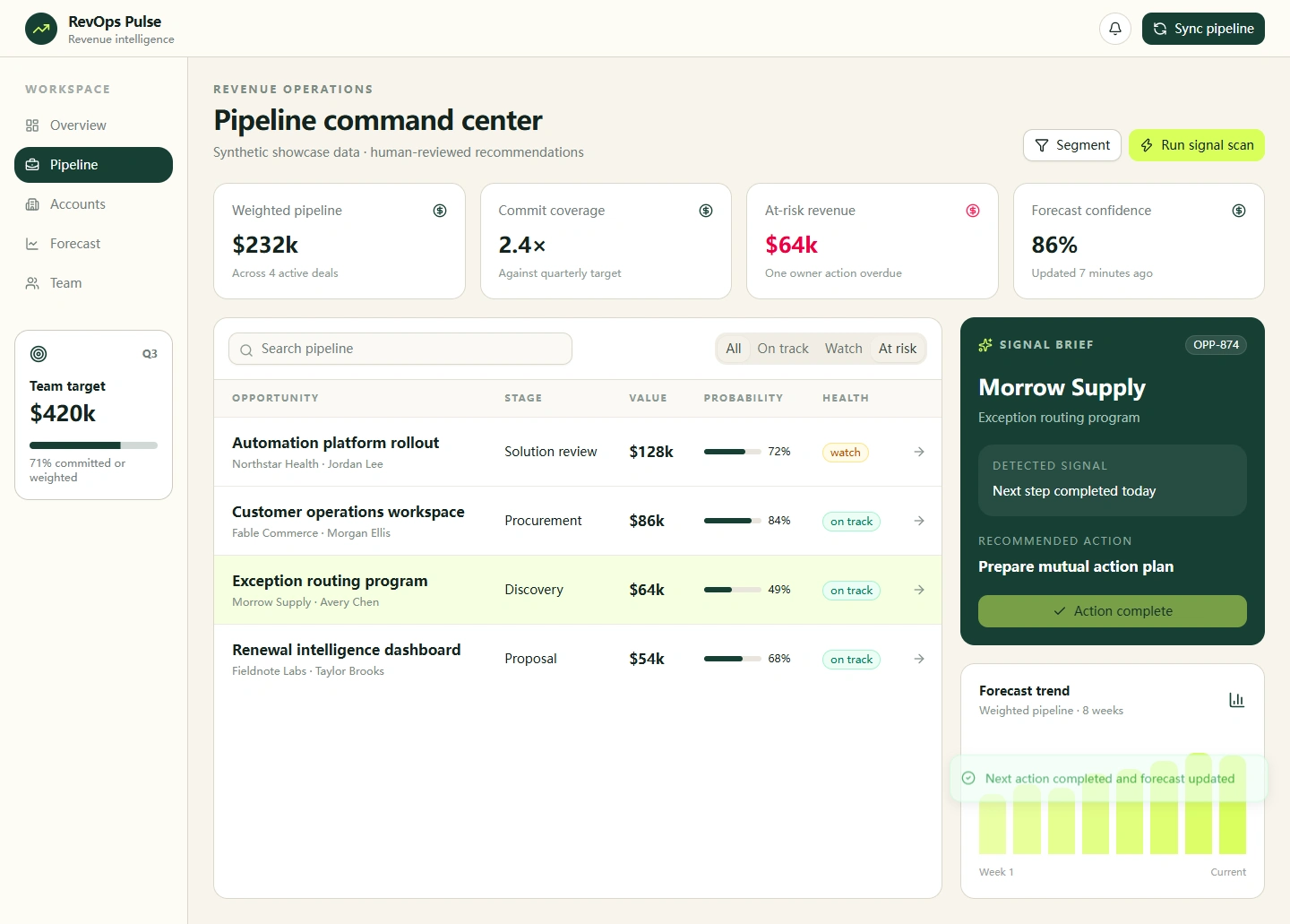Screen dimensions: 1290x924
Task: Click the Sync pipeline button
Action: [1203, 29]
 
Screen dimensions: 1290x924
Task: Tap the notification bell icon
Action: [1115, 29]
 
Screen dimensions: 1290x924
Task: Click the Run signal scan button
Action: [1197, 145]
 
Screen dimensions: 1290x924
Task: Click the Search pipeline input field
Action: [400, 349]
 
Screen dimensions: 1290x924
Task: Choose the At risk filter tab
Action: [898, 349]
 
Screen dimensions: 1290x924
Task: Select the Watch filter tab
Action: [843, 349]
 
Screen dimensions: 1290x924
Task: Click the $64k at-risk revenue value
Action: [791, 245]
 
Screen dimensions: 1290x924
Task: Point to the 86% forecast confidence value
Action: [1053, 245]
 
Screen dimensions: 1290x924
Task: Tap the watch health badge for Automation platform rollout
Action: [845, 453]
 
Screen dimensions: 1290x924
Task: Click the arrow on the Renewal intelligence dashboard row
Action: [919, 659]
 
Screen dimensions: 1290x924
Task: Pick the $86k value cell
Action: [647, 521]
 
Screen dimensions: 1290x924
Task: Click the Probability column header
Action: [743, 398]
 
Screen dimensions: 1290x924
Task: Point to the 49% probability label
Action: [778, 590]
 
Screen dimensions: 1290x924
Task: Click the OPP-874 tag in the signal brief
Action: [1216, 344]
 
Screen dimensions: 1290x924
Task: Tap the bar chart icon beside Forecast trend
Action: [1236, 700]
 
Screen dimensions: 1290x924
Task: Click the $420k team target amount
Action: [63, 414]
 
